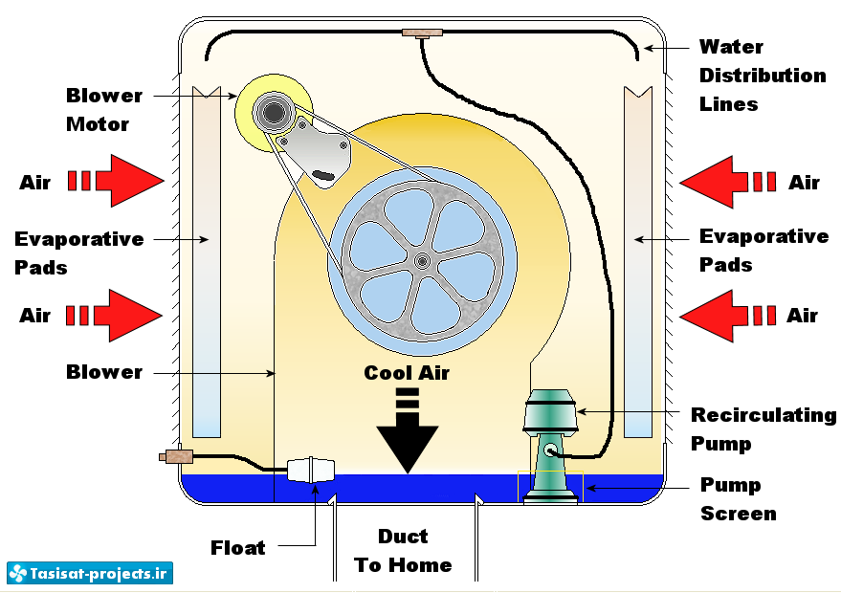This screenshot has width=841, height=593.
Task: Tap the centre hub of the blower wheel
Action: click(421, 260)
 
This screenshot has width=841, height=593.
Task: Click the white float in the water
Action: click(312, 469)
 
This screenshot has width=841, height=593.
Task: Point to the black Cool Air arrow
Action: click(408, 430)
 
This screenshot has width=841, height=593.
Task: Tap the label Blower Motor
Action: click(103, 110)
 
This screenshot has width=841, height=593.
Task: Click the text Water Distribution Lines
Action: click(762, 75)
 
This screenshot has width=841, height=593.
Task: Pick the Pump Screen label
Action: click(738, 499)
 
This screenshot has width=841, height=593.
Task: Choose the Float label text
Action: click(237, 548)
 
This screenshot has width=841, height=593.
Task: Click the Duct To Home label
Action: click(403, 551)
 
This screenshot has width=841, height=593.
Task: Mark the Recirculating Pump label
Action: click(763, 428)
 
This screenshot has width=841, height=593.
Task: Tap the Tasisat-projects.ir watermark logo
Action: click(89, 573)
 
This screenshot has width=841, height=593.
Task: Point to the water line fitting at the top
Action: click(422, 33)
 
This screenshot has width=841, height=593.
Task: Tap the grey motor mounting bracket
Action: click(317, 149)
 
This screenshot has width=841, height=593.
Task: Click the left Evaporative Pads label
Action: click(78, 252)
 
